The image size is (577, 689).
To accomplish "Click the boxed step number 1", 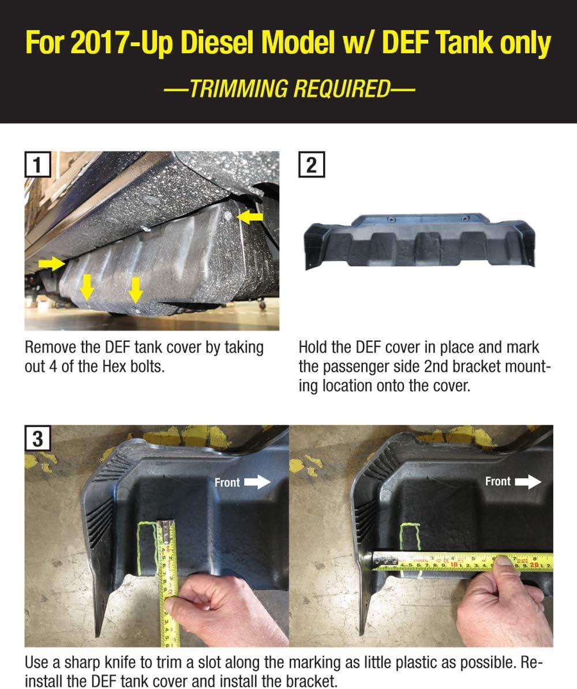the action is tap(38, 165).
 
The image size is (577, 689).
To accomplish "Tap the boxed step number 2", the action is tap(312, 165).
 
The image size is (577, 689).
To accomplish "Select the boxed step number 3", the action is tap(38, 438).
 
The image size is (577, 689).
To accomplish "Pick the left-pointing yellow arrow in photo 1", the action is tap(250, 216).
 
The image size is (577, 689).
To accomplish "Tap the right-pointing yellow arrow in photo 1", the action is tap(52, 264).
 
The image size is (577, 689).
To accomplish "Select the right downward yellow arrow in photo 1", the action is tap(136, 290).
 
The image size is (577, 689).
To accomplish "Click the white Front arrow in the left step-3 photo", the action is tap(257, 482).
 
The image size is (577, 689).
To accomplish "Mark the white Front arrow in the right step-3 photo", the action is tap(528, 482).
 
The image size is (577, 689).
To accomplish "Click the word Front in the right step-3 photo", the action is tap(498, 482).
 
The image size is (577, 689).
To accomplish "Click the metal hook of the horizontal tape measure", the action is tap(383, 561).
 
